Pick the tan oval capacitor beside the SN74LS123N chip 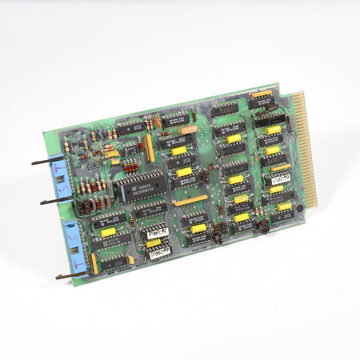[x=186, y=130]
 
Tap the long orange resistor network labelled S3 [x=191, y=200]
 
